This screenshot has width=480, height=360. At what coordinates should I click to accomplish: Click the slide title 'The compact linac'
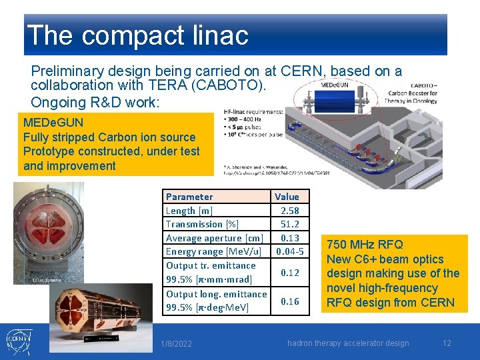coord(137,35)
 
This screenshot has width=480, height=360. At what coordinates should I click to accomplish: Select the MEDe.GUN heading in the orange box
coord(53,123)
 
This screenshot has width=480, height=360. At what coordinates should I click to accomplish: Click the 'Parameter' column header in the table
coord(189,197)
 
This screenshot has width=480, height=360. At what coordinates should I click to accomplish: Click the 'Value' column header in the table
coord(287,197)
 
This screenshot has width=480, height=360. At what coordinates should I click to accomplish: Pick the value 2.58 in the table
coord(289,211)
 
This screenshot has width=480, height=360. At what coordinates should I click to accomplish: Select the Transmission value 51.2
coord(289,225)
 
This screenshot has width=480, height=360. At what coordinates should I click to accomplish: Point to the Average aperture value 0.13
coord(289,238)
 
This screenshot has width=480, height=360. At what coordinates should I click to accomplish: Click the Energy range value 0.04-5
coord(289,252)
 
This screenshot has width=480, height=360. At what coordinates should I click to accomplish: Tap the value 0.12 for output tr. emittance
coord(289,273)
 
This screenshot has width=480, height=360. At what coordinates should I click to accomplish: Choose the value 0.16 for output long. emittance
coord(289,301)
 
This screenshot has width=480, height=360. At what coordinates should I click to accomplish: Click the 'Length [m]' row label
coord(189,211)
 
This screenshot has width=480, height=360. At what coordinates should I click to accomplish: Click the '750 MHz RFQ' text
coord(365,245)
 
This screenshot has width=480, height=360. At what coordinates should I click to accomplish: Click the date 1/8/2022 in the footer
coord(176,343)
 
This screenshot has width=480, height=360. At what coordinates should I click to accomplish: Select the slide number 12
coord(447,343)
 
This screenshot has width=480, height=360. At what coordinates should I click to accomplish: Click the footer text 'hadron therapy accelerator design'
coord(348,343)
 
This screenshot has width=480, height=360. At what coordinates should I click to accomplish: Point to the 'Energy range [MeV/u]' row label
coord(213,252)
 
